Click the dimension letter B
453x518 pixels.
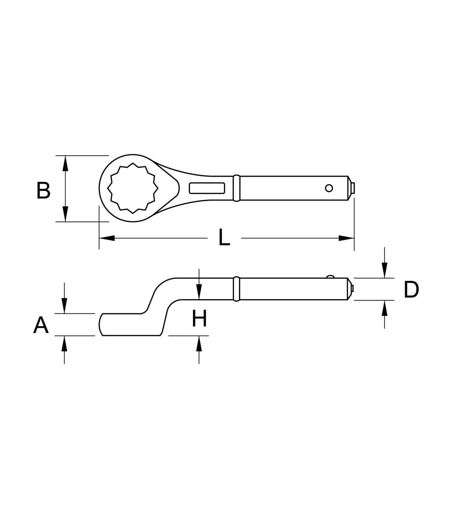point(43,190)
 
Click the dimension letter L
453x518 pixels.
point(225,237)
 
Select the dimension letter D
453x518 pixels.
point(411,289)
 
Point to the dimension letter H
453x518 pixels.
point(199,318)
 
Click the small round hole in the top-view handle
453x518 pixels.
point(329,188)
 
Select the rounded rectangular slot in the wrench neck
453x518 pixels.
point(207,188)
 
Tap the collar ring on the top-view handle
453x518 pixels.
point(236,188)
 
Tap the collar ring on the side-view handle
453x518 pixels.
point(236,289)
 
